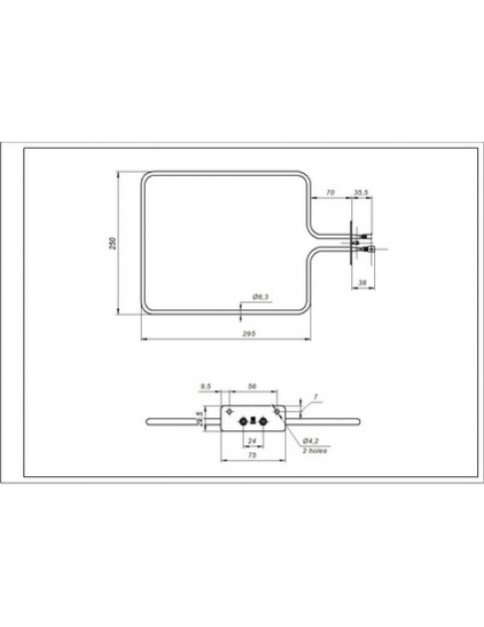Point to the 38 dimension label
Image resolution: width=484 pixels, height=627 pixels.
[x=363, y=284]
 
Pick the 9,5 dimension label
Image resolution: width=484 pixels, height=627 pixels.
[x=207, y=384]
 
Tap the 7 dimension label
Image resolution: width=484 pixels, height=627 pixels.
[x=315, y=396]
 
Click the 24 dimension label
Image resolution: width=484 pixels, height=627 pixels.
[x=251, y=439]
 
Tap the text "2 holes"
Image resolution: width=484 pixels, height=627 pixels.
[x=313, y=450]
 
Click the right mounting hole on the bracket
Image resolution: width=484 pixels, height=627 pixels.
[x=276, y=410]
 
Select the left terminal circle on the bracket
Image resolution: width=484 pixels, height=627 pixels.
[x=242, y=420]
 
